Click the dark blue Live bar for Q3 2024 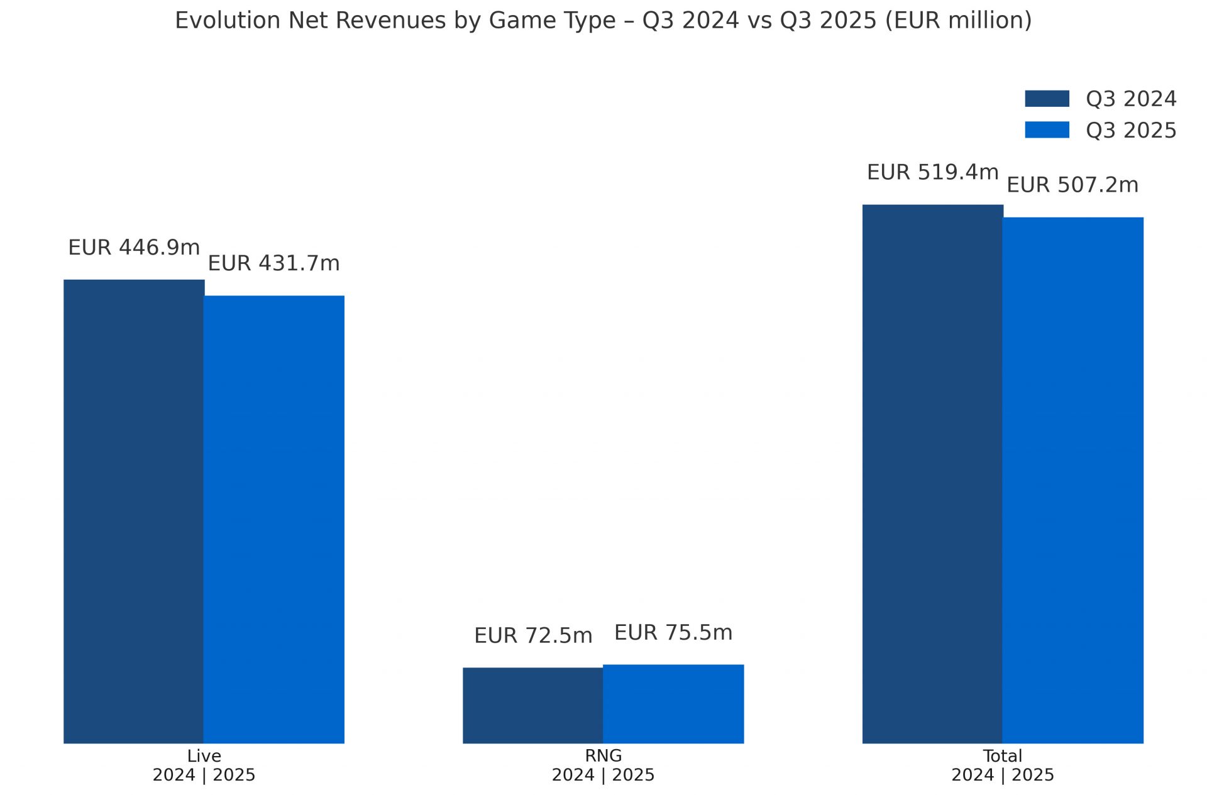(133, 511)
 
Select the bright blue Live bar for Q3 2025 (274, 519)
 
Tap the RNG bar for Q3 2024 (532, 705)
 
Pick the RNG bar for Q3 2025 (673, 703)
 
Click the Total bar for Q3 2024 (932, 473)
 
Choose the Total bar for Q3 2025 (1072, 480)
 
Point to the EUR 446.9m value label (134, 248)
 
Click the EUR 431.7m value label (273, 263)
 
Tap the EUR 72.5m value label (533, 635)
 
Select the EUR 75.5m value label (673, 632)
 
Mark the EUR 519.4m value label (932, 172)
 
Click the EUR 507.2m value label (1072, 185)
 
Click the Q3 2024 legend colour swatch (1047, 99)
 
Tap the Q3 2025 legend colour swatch (1047, 130)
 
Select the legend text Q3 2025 (1130, 131)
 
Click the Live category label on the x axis (204, 756)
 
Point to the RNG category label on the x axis (603, 756)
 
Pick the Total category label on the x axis (1002, 756)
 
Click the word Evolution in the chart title (228, 21)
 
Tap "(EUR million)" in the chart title (958, 21)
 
